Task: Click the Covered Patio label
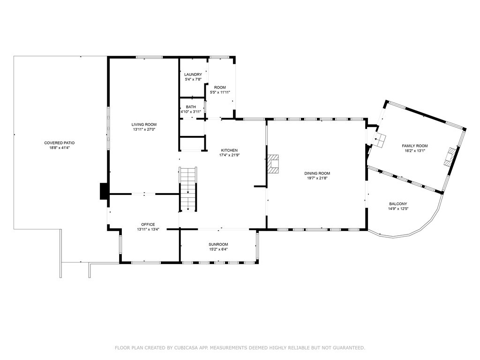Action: click(x=59, y=142)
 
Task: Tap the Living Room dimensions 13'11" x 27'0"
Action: click(x=144, y=129)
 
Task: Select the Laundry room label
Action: click(x=193, y=75)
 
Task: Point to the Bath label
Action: click(x=191, y=107)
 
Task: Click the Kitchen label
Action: click(x=229, y=150)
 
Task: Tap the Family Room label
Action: click(x=415, y=146)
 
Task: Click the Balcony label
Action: click(x=398, y=204)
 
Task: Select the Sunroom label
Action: click(x=218, y=244)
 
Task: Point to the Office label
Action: click(x=148, y=225)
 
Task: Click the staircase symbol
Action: click(x=188, y=189)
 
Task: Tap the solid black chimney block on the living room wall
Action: click(x=104, y=191)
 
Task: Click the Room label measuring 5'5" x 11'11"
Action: click(x=220, y=88)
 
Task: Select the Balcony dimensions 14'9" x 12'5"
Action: click(x=398, y=209)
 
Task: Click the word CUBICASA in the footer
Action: click(x=186, y=348)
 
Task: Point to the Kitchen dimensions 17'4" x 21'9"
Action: click(x=229, y=155)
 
